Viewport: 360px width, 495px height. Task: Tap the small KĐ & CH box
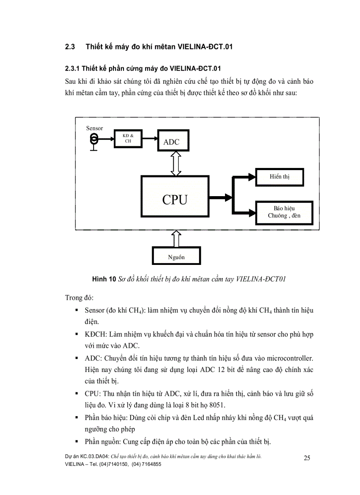tap(128, 138)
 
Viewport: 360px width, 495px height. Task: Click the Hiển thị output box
tap(280, 176)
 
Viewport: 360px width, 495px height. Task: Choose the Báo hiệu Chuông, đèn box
tap(284, 212)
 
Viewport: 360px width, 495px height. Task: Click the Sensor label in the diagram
tap(94, 128)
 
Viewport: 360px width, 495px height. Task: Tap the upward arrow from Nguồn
tap(176, 238)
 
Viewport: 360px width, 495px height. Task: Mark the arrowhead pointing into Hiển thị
tap(252, 177)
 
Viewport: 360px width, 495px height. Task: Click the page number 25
tap(307, 458)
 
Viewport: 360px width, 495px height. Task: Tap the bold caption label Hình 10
tap(104, 279)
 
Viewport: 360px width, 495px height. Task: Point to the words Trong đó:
tap(79, 298)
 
